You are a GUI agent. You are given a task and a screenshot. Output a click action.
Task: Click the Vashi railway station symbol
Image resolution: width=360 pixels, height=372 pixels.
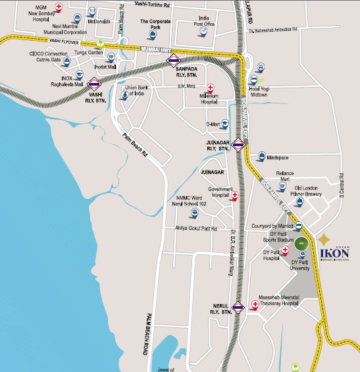[x=94, y=84]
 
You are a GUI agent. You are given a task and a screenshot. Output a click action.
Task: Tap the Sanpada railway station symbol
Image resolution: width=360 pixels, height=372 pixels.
[x=173, y=61]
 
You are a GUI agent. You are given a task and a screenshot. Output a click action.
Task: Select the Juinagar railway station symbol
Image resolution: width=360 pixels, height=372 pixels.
[x=238, y=145]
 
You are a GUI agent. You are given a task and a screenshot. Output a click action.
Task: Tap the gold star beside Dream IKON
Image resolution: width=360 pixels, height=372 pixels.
[x=326, y=238]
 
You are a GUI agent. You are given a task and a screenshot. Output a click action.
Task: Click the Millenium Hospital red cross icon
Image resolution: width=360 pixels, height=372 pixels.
[x=211, y=88]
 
